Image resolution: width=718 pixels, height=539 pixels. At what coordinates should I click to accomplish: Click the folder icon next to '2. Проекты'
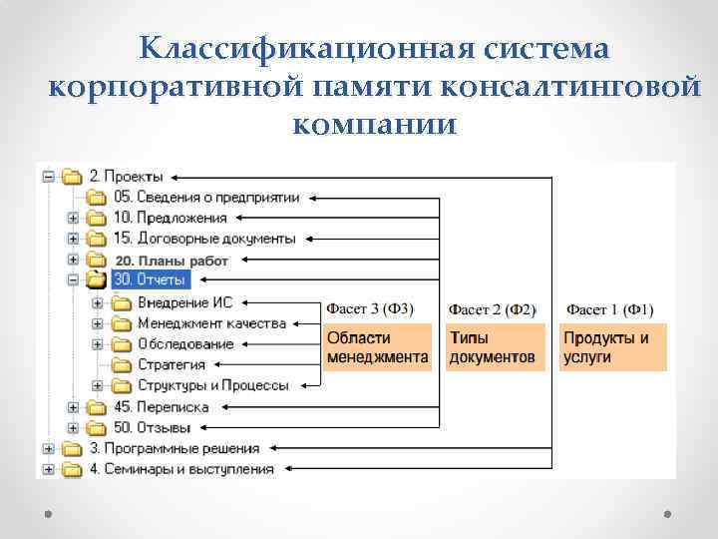tap(72, 177)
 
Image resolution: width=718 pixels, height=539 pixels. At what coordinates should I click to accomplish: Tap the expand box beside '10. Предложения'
tap(73, 218)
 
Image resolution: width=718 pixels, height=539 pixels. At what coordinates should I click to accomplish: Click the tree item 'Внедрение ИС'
tap(186, 302)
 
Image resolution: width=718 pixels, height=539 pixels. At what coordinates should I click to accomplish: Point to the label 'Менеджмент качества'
tap(211, 323)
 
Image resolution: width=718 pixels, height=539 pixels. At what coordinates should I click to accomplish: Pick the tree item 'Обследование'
tap(185, 344)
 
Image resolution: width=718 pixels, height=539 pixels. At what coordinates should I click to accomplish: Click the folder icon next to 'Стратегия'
tap(121, 365)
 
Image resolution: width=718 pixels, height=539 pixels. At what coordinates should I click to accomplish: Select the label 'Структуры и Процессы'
tap(213, 385)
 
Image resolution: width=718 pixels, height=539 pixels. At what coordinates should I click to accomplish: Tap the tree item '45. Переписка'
tap(161, 407)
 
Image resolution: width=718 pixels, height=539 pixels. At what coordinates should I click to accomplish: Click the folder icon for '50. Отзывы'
tap(97, 427)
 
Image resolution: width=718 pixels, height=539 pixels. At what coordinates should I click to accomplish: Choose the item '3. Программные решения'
tap(175, 448)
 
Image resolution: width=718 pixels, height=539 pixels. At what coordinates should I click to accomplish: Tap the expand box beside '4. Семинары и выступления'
tap(48, 469)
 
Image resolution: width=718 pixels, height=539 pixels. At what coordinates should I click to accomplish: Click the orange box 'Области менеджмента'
tap(377, 347)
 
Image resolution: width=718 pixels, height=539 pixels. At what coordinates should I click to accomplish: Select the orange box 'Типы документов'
tap(493, 347)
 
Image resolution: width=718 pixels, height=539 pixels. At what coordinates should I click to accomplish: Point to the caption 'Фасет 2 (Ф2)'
tap(493, 308)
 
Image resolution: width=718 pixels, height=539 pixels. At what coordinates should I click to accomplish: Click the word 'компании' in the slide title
tap(375, 127)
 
